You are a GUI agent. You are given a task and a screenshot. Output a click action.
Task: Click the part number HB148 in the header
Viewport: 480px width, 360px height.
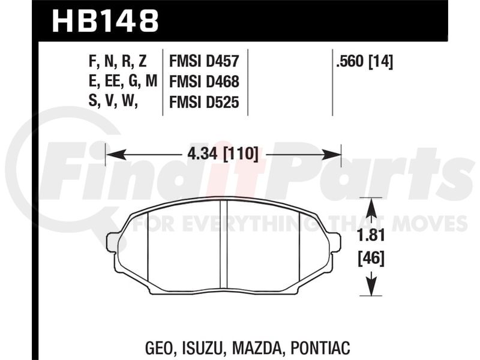(106, 20)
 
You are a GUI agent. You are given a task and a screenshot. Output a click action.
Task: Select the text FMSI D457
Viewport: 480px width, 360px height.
(204, 61)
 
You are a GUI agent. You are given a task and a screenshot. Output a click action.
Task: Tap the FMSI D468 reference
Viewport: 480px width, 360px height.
(204, 82)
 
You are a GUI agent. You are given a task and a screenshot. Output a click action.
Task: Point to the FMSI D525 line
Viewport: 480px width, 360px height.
(204, 102)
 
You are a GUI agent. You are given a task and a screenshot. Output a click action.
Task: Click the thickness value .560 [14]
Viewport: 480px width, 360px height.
(364, 62)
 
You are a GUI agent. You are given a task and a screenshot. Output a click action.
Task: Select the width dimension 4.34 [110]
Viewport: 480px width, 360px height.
(223, 154)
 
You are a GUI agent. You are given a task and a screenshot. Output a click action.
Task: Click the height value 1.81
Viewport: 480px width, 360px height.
(371, 236)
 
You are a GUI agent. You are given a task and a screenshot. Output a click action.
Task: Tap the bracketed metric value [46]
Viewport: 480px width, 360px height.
(371, 259)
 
